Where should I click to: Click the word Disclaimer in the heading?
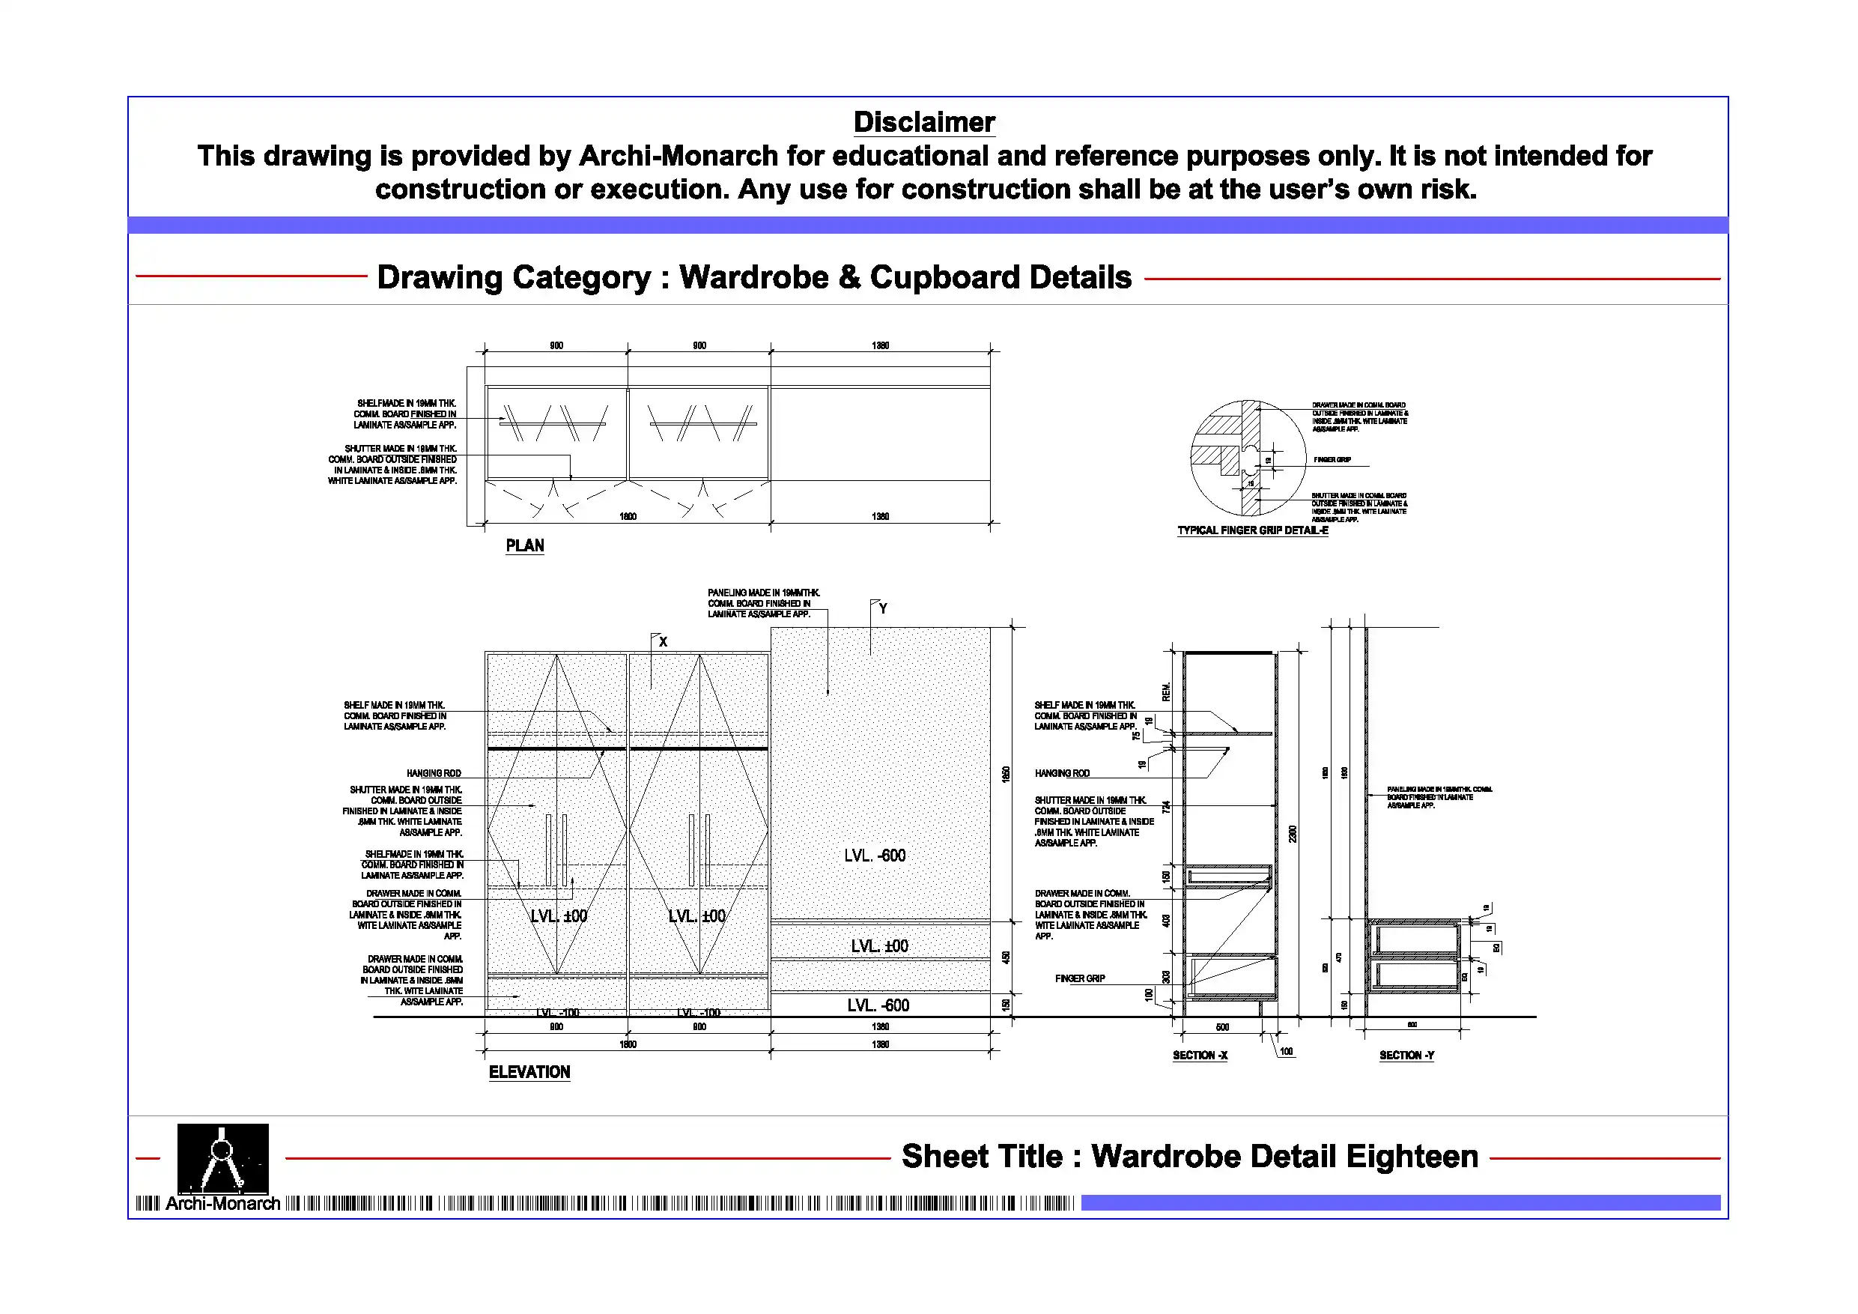[x=924, y=122]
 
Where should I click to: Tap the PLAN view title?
[x=524, y=545]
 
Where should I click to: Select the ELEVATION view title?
[x=529, y=1072]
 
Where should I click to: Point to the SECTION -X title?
[x=1200, y=1055]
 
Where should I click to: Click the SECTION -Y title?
[x=1406, y=1055]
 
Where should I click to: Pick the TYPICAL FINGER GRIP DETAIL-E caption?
[x=1253, y=530]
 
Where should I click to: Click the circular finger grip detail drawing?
[x=1248, y=458]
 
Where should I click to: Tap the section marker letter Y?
[x=883, y=608]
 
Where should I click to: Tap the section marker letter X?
[x=663, y=642]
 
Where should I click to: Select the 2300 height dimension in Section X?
[x=1293, y=833]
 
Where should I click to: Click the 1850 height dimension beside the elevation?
[x=1006, y=774]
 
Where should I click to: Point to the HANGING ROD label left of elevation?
[x=434, y=773]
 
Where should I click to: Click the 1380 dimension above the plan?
[x=881, y=345]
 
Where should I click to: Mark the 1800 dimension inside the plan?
[x=628, y=516]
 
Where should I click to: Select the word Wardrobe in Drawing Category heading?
[x=753, y=278]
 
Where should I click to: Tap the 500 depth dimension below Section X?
[x=1222, y=1027]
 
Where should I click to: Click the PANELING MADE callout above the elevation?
[x=762, y=603]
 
